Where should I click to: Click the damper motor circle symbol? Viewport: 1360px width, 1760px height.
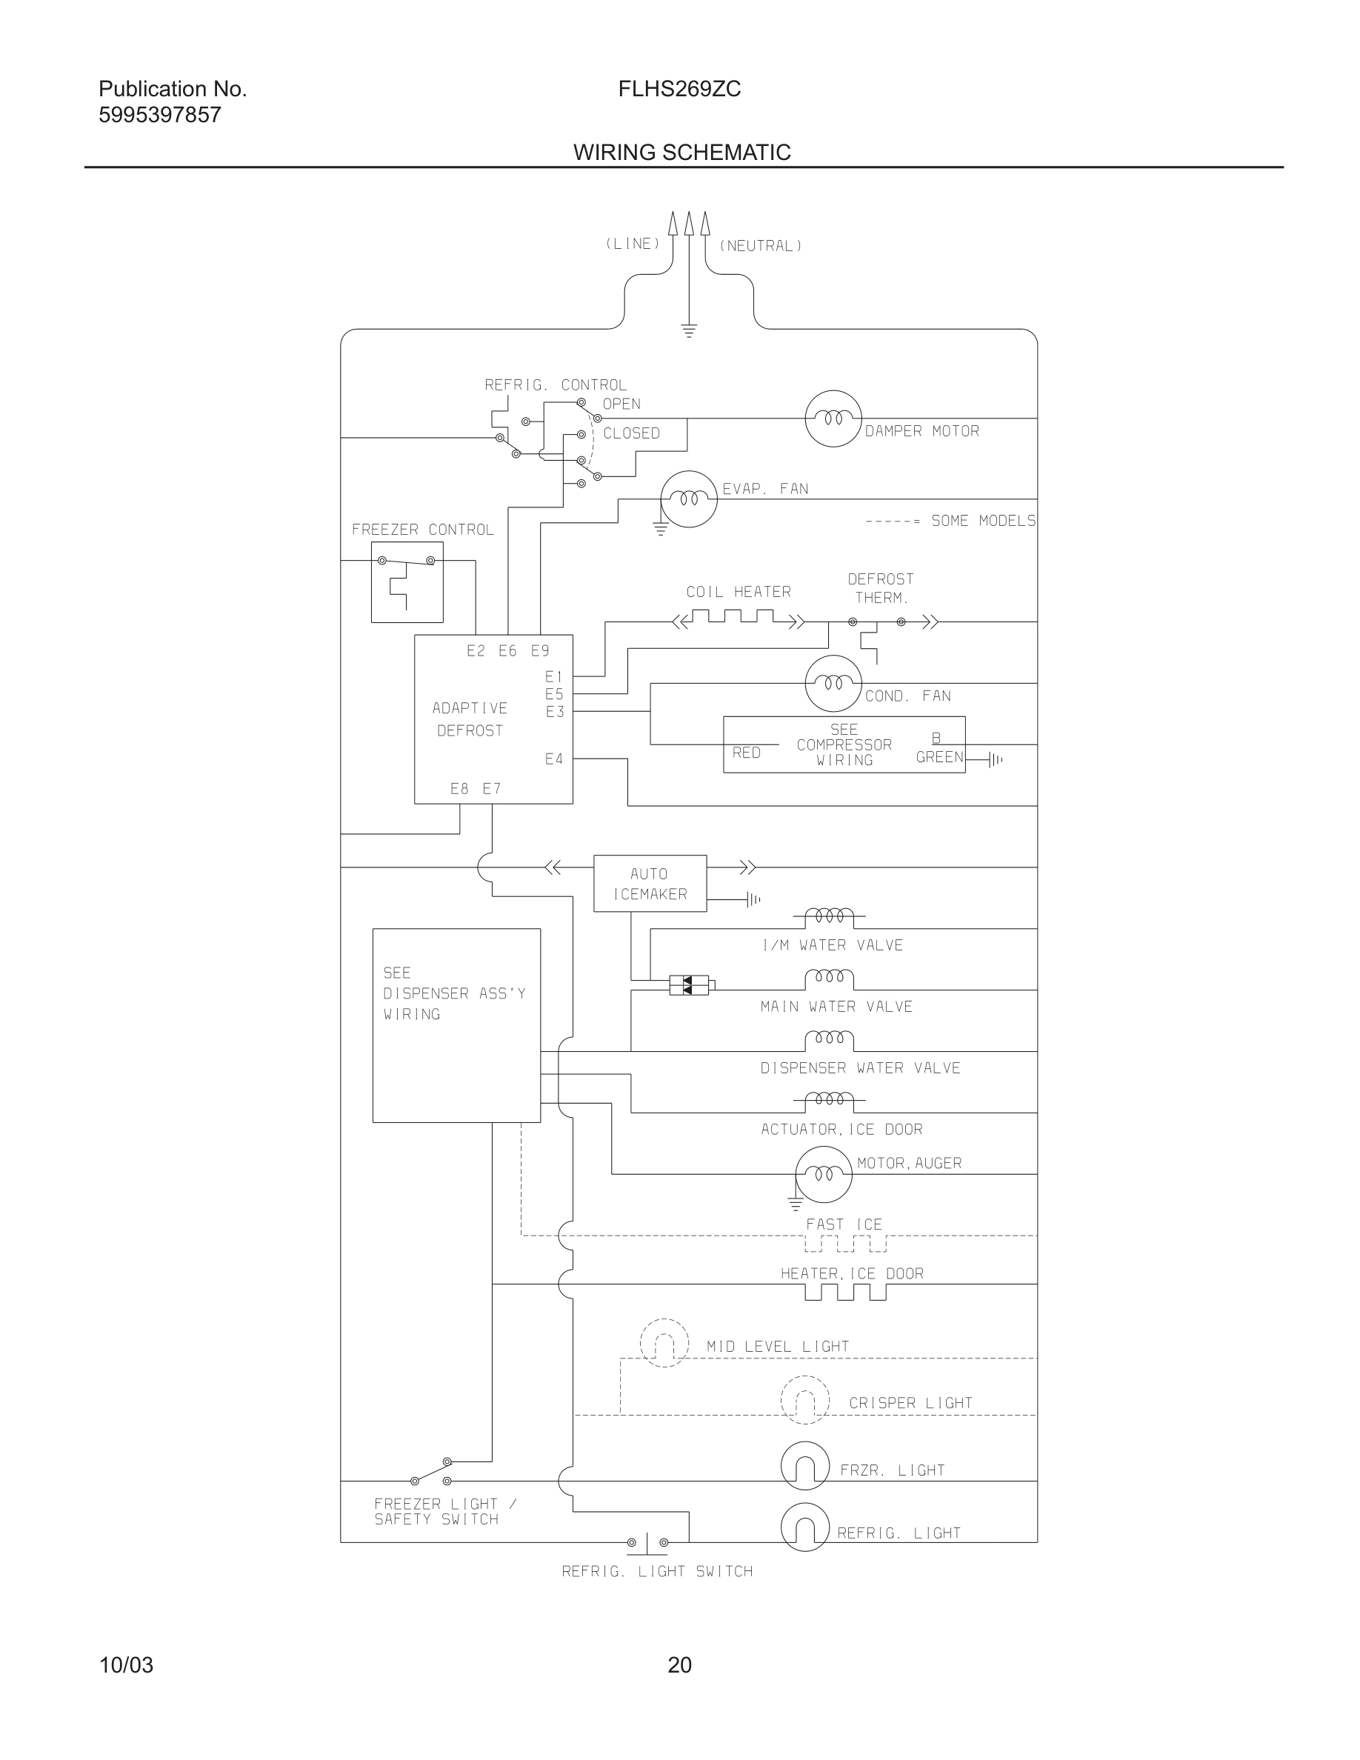pos(833,419)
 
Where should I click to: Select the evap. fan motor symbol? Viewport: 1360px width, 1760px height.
pos(688,499)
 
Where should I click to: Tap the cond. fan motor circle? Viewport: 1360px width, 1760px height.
pos(833,684)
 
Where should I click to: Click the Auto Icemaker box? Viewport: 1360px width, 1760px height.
pos(650,883)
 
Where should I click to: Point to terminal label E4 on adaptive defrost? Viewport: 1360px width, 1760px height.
pos(553,759)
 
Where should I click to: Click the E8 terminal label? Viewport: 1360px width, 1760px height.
pos(459,789)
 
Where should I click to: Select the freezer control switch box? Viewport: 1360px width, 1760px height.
pos(407,581)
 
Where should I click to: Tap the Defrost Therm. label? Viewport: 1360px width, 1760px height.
pos(881,588)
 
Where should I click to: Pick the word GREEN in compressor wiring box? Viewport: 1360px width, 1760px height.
pos(939,757)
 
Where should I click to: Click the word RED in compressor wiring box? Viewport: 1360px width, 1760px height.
pos(746,753)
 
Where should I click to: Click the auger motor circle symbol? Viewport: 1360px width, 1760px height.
pos(823,1174)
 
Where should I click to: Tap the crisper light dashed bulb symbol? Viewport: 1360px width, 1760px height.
pos(805,1400)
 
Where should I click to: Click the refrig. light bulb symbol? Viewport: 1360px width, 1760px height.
pos(805,1527)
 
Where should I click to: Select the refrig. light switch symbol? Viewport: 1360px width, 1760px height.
pos(647,1542)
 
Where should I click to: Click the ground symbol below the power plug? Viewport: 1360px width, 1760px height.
pos(689,330)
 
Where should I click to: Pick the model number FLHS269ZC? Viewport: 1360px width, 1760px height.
pos(679,89)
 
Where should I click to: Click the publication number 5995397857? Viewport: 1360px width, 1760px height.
pos(159,116)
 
